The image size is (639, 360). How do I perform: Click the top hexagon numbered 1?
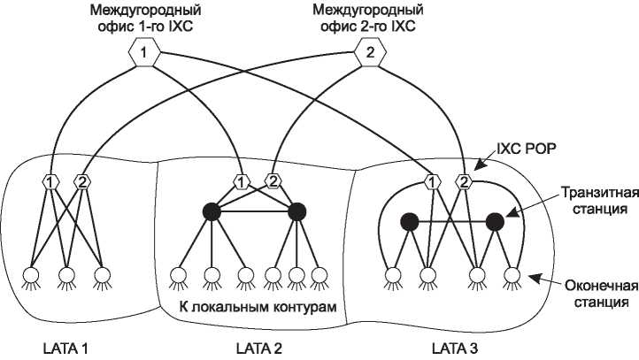(x=144, y=55)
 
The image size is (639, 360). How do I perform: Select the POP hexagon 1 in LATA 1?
(x=51, y=182)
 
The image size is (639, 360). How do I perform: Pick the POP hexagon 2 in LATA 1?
(x=82, y=182)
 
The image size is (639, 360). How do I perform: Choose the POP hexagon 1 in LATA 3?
(x=432, y=182)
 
